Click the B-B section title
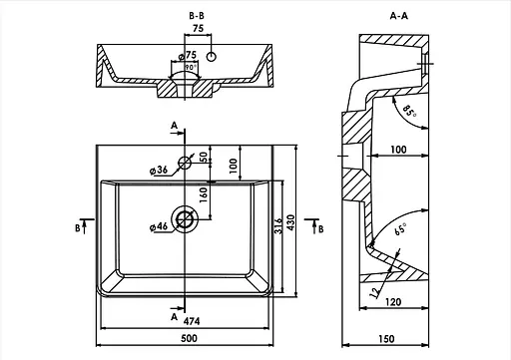197,16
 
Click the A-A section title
399,16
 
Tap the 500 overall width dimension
189,338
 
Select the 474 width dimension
192,321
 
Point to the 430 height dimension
290,223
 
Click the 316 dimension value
278,225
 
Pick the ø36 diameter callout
159,171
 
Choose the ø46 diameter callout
159,227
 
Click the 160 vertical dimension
204,195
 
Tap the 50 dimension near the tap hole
204,157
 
